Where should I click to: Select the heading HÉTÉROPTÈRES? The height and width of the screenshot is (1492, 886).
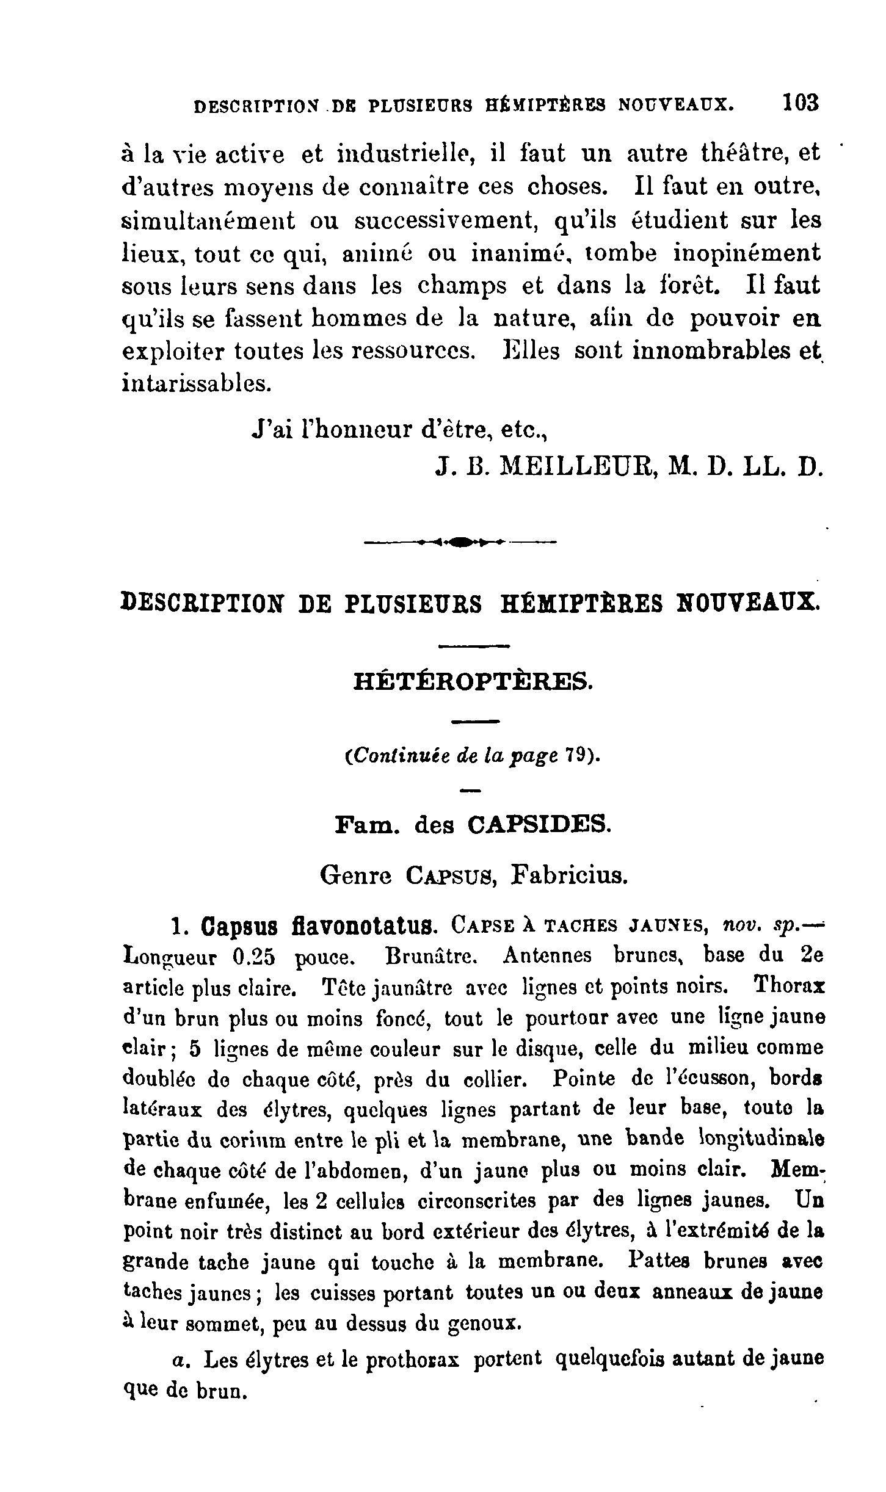tap(473, 681)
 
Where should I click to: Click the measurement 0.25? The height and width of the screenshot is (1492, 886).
tap(254, 958)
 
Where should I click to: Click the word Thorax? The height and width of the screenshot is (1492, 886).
tap(790, 986)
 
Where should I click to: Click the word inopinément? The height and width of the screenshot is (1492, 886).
tap(747, 252)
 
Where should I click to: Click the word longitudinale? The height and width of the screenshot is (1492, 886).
tap(760, 1139)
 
